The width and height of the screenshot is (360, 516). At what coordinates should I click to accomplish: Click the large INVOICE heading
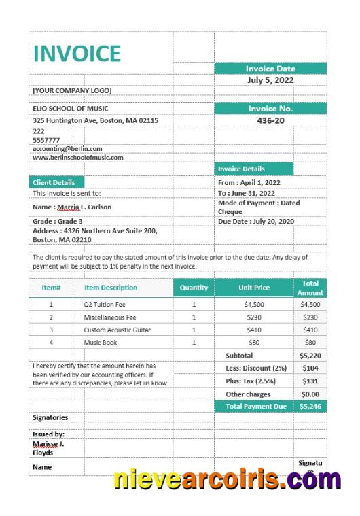(x=77, y=53)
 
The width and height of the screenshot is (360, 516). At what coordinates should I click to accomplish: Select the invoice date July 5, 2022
(x=270, y=80)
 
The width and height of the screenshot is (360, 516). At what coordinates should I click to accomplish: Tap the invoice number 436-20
(x=270, y=120)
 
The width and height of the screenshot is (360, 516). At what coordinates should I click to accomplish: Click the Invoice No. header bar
(x=270, y=108)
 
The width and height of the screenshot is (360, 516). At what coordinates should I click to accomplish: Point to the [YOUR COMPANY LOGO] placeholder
(x=72, y=90)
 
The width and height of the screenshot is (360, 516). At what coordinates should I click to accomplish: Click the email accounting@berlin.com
(x=67, y=148)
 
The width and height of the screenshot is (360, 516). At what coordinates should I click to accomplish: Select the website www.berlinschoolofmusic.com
(x=78, y=158)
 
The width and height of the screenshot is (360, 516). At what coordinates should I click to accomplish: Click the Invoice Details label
(x=241, y=169)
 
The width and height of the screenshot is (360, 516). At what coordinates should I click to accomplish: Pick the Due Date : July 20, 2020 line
(x=256, y=221)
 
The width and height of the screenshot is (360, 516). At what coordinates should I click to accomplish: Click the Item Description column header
(x=111, y=288)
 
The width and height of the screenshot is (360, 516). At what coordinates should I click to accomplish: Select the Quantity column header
(x=194, y=288)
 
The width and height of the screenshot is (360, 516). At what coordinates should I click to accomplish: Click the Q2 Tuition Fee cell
(x=105, y=305)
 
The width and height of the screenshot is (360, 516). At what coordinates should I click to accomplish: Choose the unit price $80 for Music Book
(x=254, y=343)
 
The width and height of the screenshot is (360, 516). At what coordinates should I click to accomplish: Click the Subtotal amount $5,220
(x=310, y=356)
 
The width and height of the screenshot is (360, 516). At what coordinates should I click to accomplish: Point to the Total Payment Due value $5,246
(x=310, y=406)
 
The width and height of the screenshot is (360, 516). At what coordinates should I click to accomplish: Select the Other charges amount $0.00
(x=310, y=394)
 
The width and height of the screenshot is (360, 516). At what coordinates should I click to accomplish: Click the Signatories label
(x=50, y=417)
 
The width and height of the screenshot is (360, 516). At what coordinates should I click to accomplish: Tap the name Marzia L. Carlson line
(x=72, y=207)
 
